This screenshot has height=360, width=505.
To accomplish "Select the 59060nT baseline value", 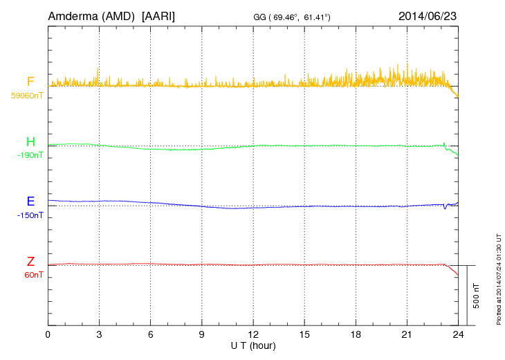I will [x=26, y=96].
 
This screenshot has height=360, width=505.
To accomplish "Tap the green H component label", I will [x=30, y=143].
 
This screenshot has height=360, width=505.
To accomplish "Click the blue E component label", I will [x=30, y=202].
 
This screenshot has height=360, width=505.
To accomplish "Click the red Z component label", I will [x=30, y=262].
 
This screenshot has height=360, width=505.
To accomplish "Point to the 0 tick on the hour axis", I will [x=48, y=334].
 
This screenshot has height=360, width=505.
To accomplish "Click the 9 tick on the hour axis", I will [x=202, y=334].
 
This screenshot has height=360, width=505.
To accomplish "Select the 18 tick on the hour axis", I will [x=356, y=334].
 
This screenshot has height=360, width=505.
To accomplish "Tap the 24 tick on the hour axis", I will [x=458, y=334].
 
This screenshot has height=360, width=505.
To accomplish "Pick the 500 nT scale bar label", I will [x=477, y=295].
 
